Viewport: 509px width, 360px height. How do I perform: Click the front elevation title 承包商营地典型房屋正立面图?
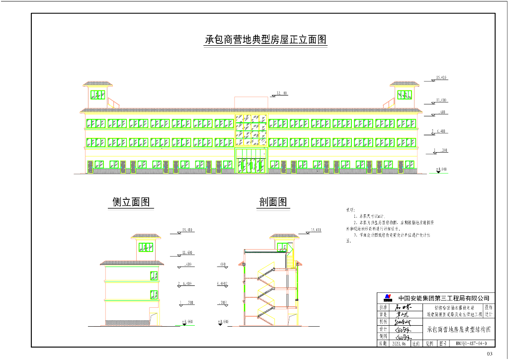[266, 40]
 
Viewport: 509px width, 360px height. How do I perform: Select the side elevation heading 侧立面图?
[131, 202]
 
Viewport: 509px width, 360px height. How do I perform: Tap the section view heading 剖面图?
[273, 202]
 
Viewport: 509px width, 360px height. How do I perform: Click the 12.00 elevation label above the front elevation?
[282, 93]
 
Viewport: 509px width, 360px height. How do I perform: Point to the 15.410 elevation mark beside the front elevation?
[441, 78]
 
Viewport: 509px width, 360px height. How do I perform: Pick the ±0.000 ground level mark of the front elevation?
[441, 170]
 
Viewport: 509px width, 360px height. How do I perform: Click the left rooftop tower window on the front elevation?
[98, 94]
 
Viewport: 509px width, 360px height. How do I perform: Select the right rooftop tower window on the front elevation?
[405, 94]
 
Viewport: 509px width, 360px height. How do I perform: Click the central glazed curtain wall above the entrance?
[251, 130]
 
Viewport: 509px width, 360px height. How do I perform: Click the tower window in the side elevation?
[146, 247]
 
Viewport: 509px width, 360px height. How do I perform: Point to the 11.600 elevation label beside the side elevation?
[188, 253]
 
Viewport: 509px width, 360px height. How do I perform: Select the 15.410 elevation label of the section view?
[316, 230]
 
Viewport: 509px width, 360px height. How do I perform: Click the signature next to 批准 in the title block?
[399, 307]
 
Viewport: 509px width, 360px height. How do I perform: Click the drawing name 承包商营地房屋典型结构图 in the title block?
[459, 329]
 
